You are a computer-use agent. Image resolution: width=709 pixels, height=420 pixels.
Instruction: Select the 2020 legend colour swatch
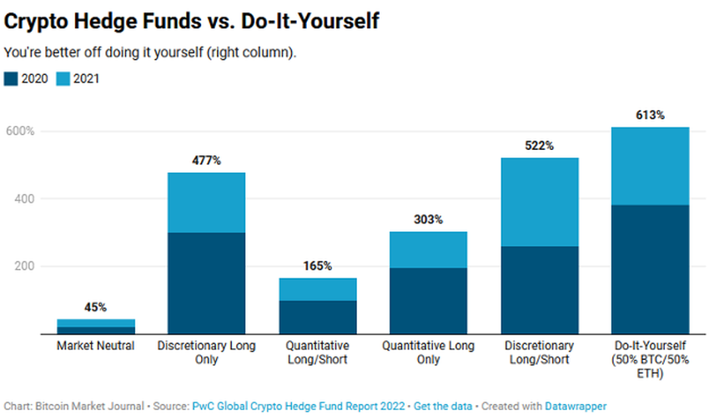pyautogui.click(x=11, y=79)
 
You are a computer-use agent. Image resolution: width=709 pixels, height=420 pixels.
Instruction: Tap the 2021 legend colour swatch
pyautogui.click(x=63, y=79)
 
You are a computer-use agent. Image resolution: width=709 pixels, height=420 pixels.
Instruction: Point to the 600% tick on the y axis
pyautogui.click(x=19, y=132)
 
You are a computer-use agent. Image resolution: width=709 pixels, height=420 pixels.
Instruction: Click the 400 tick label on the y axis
pyautogui.click(x=24, y=199)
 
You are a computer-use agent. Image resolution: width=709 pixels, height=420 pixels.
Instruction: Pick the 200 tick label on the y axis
pyautogui.click(x=24, y=267)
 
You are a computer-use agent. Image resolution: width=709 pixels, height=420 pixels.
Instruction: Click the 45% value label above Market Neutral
pyautogui.click(x=96, y=307)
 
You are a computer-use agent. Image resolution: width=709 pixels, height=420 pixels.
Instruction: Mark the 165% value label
pyautogui.click(x=317, y=266)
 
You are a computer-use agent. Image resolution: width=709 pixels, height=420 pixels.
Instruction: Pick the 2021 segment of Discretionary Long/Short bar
pyautogui.click(x=539, y=202)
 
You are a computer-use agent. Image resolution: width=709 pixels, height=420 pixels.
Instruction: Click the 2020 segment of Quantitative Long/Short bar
pyautogui.click(x=317, y=317)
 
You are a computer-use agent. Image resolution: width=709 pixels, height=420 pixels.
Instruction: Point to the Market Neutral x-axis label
pyautogui.click(x=96, y=346)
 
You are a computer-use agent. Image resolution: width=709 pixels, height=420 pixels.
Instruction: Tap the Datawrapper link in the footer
pyautogui.click(x=575, y=406)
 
